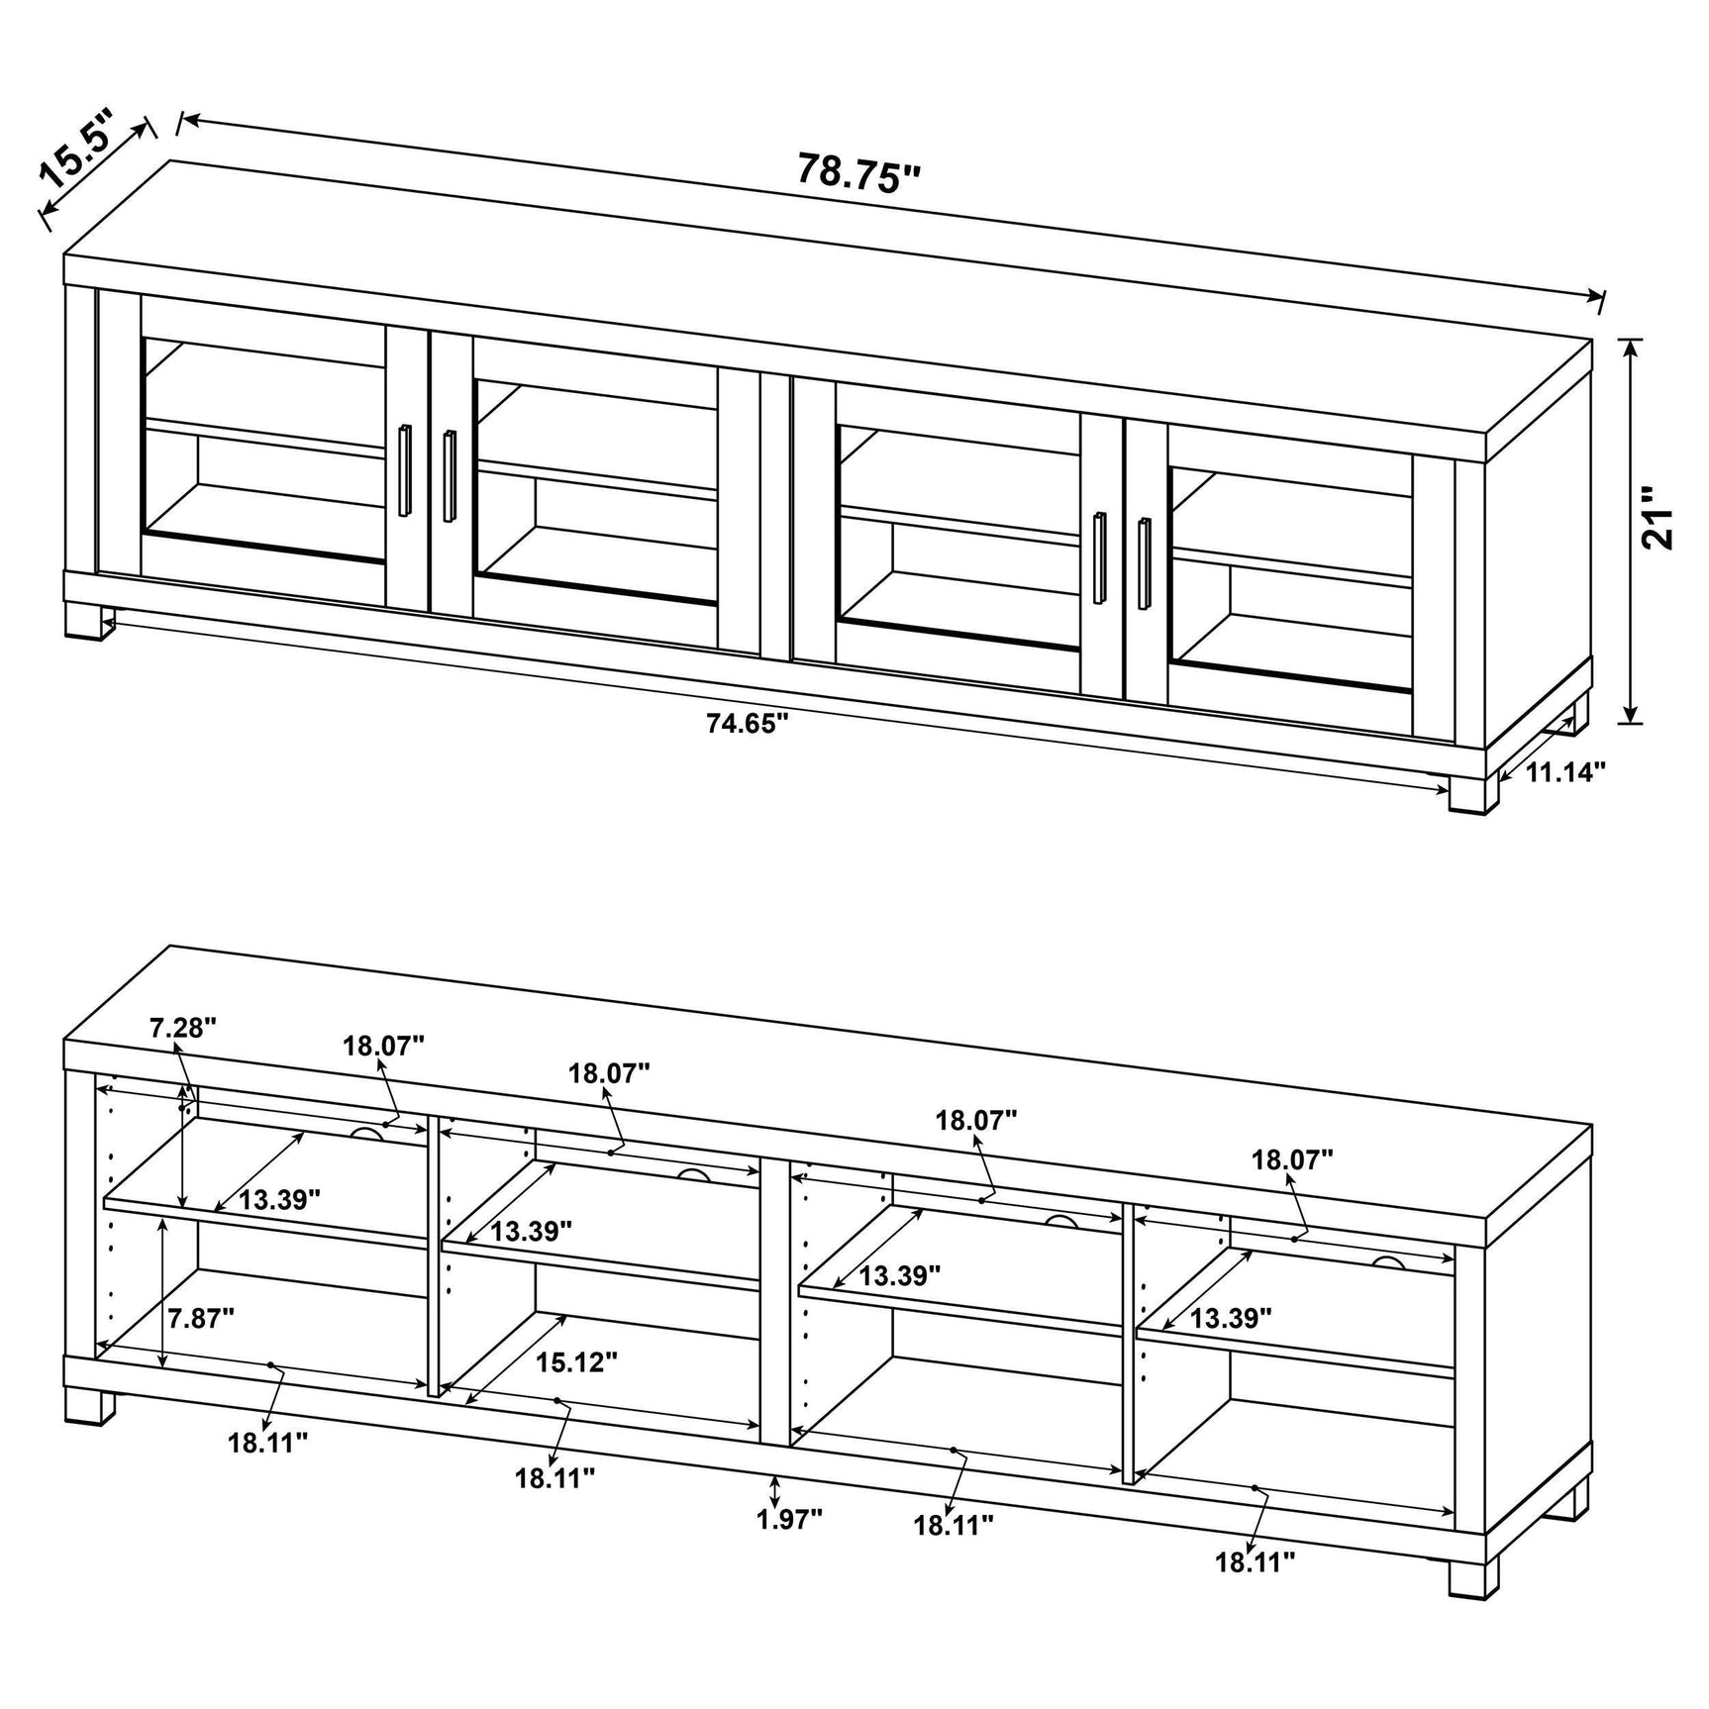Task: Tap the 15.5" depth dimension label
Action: click(76, 151)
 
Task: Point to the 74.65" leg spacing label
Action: click(747, 724)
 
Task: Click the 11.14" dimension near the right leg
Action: click(1564, 772)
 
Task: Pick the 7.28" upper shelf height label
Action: click(183, 1028)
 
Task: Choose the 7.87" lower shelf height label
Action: click(200, 1318)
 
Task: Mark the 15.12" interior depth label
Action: click(576, 1361)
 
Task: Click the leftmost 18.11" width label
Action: click(268, 1443)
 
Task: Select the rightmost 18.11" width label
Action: click(1256, 1590)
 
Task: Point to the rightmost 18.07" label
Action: click(1292, 1158)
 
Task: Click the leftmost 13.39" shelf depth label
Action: click(279, 1200)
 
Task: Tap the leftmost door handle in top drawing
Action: click(404, 470)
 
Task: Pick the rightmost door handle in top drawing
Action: click(1145, 564)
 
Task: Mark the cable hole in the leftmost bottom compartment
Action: click(367, 1133)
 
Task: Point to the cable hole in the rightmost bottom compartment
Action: click(1387, 1263)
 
